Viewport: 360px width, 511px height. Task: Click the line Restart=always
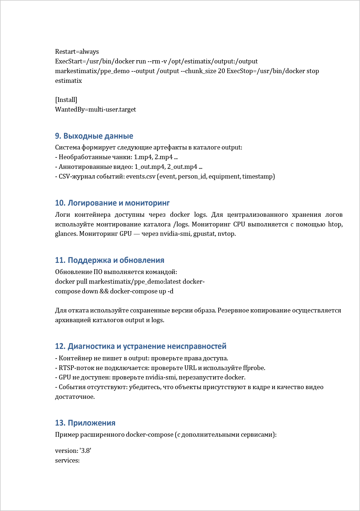[x=77, y=52]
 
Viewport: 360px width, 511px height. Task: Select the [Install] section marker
[x=66, y=100]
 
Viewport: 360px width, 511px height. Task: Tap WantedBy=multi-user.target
[x=95, y=110]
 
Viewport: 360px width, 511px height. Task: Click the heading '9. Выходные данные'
[x=94, y=136]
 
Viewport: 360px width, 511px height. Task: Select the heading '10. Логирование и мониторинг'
[x=112, y=203]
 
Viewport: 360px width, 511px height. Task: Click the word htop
[x=335, y=224]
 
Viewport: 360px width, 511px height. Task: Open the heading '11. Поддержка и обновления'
[x=110, y=260]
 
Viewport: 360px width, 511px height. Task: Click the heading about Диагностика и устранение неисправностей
[x=141, y=346]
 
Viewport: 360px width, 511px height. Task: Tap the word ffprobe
[x=254, y=368]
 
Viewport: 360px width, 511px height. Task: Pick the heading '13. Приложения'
[x=85, y=423]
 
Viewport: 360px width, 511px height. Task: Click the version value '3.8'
[x=85, y=451]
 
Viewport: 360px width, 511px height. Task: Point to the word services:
[x=67, y=460]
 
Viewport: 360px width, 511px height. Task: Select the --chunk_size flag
[x=201, y=71]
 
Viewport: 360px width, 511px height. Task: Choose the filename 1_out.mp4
[x=149, y=167]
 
